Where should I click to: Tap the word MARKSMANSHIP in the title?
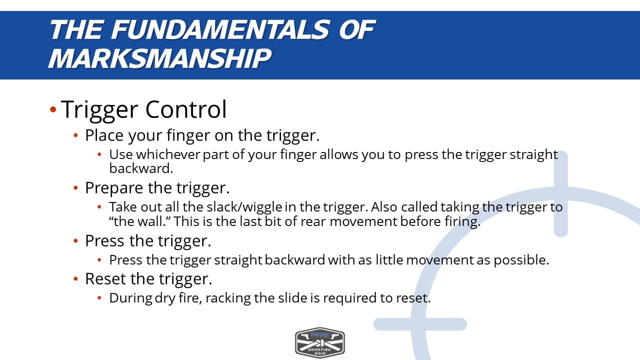[x=160, y=58]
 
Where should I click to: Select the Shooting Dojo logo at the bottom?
[x=319, y=343]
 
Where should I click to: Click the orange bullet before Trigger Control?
[x=53, y=109]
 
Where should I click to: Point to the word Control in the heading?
[x=186, y=109]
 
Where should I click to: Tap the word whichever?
[x=168, y=154]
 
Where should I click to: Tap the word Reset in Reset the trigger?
[x=105, y=279]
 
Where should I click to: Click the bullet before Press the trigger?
[x=75, y=241]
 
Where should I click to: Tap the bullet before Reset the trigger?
[x=75, y=279]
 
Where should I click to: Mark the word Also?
[x=384, y=207]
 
